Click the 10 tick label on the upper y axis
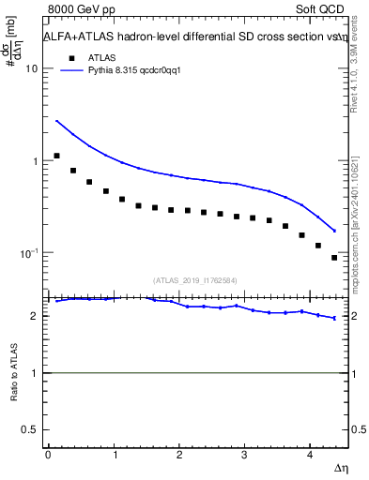(x=31, y=69)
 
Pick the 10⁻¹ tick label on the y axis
(x=28, y=253)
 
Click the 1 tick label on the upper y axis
(x=35, y=161)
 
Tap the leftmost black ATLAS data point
(x=57, y=156)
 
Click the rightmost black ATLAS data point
(x=334, y=258)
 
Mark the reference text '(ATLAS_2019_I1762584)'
(x=195, y=279)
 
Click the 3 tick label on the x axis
(x=244, y=455)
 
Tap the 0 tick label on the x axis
(x=48, y=455)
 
